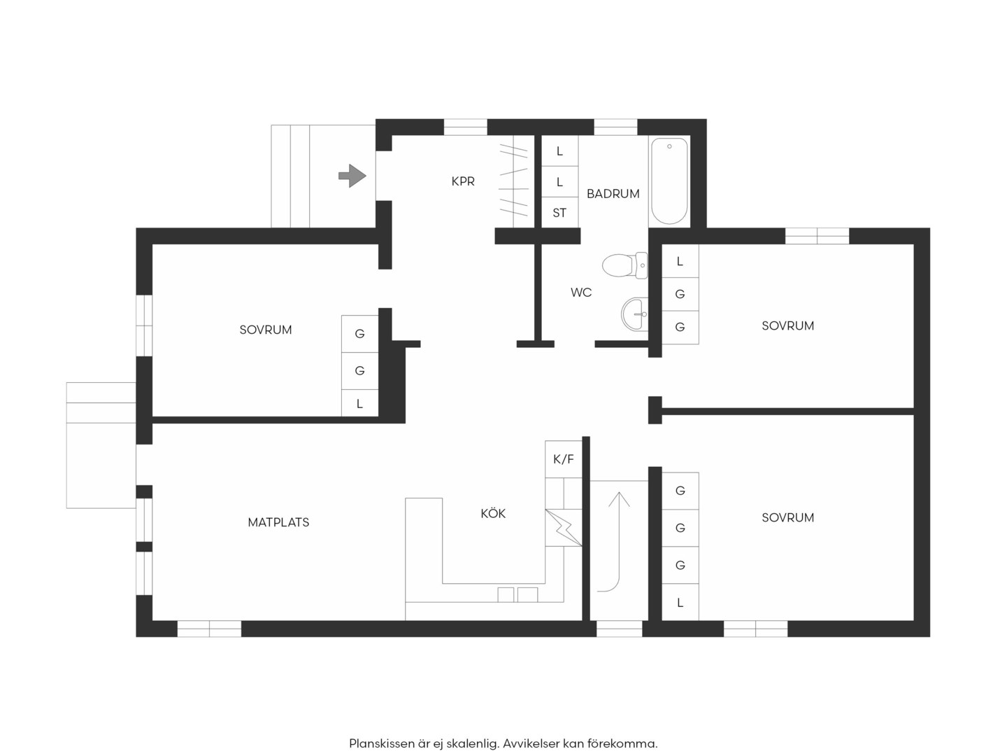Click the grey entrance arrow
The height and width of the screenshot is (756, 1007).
352,176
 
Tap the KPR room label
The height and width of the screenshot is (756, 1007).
463,182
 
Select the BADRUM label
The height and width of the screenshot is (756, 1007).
613,194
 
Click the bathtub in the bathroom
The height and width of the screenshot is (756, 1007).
669,181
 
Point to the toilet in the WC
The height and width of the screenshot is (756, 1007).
624,265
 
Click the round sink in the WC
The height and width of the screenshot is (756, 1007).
634,314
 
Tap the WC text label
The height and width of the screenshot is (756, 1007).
581,293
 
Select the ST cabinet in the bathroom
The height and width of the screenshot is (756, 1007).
559,213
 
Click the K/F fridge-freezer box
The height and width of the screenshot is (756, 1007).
564,459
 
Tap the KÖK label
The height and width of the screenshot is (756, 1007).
493,513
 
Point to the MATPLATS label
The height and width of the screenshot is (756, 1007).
278,522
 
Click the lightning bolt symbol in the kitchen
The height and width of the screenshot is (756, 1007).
564,528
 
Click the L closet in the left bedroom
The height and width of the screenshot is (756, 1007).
359,403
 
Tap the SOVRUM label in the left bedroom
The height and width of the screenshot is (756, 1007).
266,330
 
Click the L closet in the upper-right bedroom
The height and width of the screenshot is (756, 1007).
680,261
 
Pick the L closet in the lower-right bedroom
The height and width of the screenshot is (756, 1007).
680,602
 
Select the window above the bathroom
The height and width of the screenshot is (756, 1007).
615,127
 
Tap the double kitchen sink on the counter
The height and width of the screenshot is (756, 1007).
517,594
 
